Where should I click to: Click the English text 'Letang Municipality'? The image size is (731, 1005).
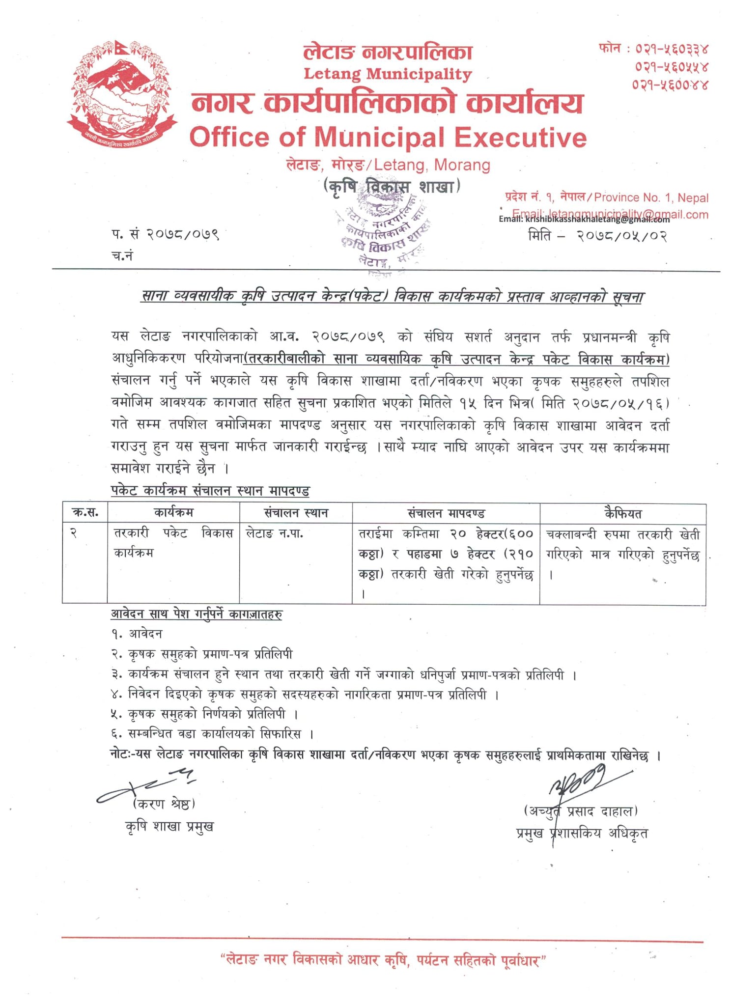388,74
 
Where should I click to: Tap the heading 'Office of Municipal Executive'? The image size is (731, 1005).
388,137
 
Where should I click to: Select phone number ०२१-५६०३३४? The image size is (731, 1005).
671,49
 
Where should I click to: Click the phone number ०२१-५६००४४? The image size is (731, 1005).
670,84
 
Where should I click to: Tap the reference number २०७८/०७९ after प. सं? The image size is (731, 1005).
183,234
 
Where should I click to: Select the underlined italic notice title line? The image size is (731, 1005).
392,296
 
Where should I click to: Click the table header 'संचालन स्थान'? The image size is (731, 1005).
296,513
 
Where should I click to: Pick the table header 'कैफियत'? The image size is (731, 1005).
622,514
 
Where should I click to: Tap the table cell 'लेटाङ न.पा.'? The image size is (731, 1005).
274,533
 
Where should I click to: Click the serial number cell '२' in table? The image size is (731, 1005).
73,533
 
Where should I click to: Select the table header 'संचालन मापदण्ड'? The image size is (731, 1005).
446,514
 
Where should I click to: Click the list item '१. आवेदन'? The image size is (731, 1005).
137,634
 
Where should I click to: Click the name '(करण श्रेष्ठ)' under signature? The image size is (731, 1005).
164,804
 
